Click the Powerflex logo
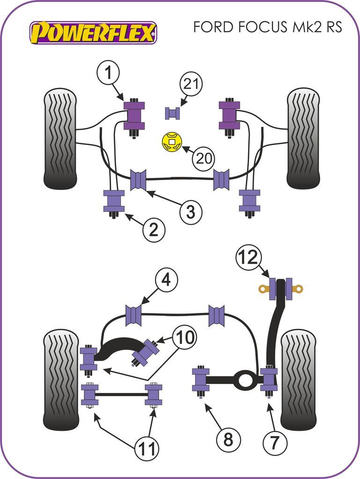[x=93, y=32]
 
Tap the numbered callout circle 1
[x=109, y=73]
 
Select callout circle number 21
[x=191, y=85]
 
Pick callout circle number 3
[x=191, y=212]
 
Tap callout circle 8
[x=228, y=440]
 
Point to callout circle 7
[x=275, y=440]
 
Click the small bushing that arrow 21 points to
[x=172, y=113]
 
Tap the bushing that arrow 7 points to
[x=269, y=379]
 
